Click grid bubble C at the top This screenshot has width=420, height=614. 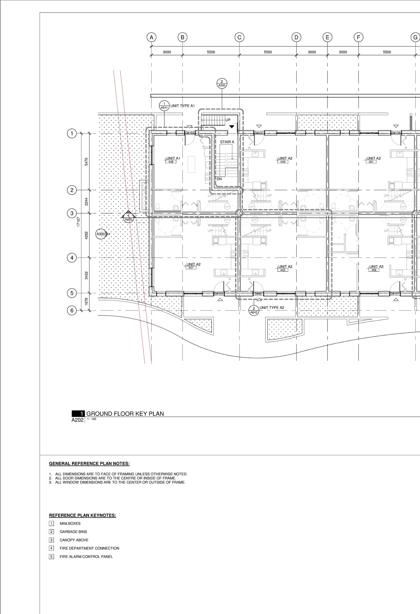point(239,37)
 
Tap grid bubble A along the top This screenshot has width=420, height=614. point(151,37)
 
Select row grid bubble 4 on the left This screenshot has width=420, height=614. point(72,258)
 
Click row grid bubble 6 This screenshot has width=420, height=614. point(72,310)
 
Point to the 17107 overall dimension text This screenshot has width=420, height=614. point(78,222)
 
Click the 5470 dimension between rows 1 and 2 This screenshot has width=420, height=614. point(86,161)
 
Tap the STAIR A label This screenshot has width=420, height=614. point(227,142)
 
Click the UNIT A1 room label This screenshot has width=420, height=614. point(173,158)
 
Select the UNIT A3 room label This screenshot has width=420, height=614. point(376,267)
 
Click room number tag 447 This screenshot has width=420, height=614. point(191,268)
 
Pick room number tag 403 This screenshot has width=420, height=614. point(283,270)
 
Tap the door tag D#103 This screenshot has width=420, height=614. point(219,294)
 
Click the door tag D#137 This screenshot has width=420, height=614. point(259,133)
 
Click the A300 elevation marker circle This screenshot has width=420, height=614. point(100,234)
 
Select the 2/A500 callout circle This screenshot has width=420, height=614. point(222,83)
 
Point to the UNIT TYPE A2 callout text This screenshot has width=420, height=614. point(272,308)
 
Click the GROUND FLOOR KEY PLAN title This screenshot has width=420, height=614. point(125,414)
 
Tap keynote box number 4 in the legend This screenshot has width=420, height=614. point(52,548)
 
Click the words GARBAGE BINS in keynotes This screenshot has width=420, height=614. point(73,532)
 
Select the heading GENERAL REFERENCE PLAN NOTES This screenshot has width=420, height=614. point(89,463)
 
